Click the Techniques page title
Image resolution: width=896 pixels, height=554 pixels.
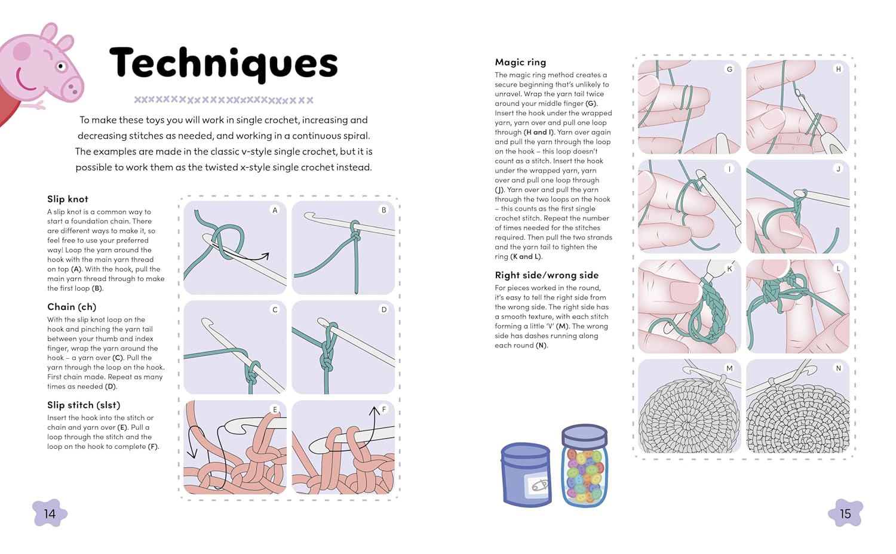pos(223,63)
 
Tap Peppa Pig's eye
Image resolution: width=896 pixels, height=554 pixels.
pos(60,66)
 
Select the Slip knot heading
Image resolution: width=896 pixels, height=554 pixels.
pos(67,199)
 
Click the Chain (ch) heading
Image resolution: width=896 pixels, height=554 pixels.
pos(72,307)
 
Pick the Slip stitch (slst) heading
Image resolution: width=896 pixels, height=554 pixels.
pos(84,405)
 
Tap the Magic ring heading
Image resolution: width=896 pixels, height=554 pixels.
pos(520,62)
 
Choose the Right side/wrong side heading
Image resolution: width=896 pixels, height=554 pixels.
pos(547,275)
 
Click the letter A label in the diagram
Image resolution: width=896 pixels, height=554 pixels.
pos(275,210)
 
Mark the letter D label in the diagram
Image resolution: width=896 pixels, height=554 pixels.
pos(383,310)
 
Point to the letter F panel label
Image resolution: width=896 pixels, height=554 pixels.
pos(383,410)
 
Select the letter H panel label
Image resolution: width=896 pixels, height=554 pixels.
pos(838,69)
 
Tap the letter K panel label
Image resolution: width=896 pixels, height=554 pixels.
pos(729,269)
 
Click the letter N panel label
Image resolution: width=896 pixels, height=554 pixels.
pos(838,368)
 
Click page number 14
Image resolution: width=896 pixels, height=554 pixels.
pos(50,514)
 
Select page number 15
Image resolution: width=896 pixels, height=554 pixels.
pos(845,514)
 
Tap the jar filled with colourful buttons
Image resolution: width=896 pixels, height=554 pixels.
pos(584,466)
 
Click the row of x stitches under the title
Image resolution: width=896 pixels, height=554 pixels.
pos(223,100)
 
